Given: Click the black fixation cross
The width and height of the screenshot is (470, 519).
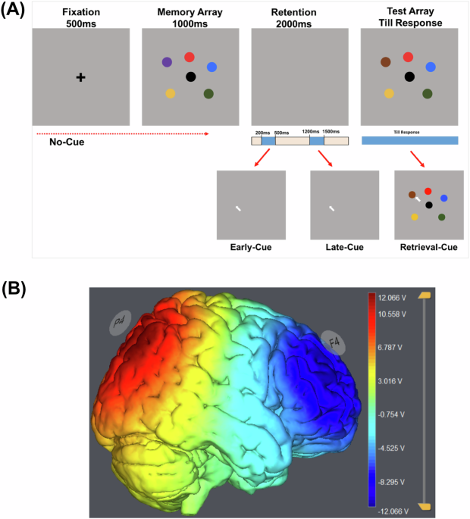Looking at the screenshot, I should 80,77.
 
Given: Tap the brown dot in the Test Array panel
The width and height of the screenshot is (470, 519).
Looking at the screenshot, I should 385,62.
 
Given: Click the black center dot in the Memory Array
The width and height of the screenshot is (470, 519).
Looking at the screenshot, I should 190,77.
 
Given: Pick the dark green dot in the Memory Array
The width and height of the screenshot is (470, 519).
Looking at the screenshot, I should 208,93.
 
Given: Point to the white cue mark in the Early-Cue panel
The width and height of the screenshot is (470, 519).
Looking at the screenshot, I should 239,208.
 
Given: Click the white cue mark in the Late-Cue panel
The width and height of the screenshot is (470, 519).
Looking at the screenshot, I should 331,208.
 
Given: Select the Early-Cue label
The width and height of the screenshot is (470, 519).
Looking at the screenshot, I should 251,247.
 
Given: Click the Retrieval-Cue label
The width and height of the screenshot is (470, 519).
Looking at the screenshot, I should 429,247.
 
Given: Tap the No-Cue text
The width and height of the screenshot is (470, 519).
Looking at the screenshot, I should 66,142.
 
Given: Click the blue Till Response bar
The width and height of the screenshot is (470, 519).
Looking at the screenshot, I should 410,141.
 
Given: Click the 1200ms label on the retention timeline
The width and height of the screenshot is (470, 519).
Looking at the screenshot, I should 309,132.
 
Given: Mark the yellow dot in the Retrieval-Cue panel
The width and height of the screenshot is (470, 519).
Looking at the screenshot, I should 415,217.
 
